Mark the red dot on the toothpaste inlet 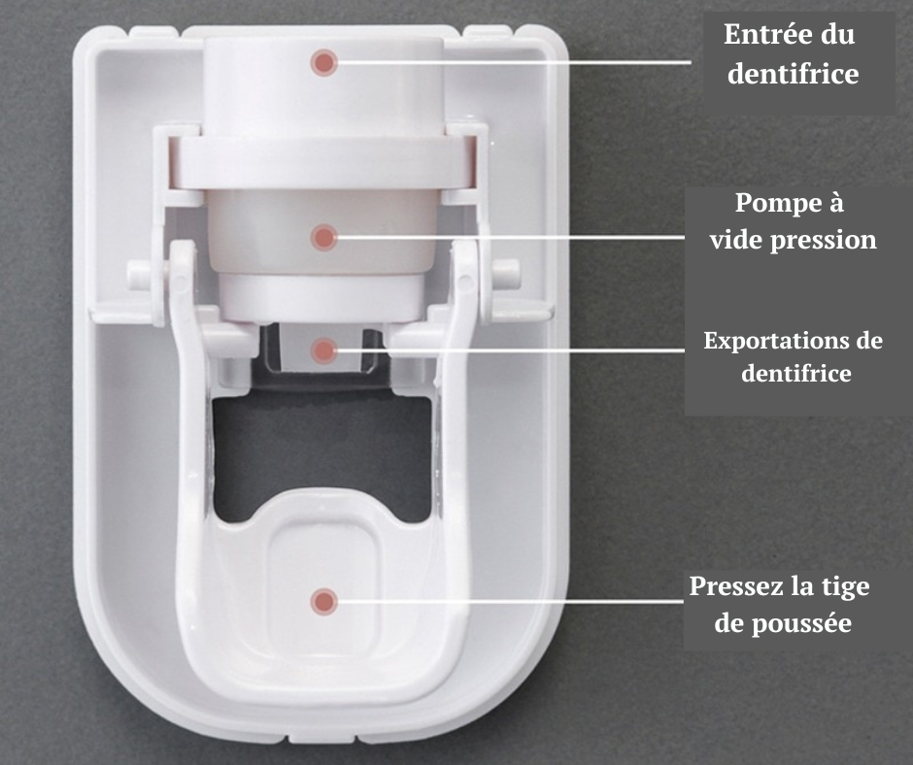[323, 62]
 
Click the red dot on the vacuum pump [323, 238]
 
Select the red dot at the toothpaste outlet [323, 350]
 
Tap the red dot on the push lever [323, 601]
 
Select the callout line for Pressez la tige [511, 601]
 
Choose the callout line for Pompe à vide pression [511, 237]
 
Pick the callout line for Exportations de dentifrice [511, 349]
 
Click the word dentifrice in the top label [794, 74]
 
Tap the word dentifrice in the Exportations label [796, 373]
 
